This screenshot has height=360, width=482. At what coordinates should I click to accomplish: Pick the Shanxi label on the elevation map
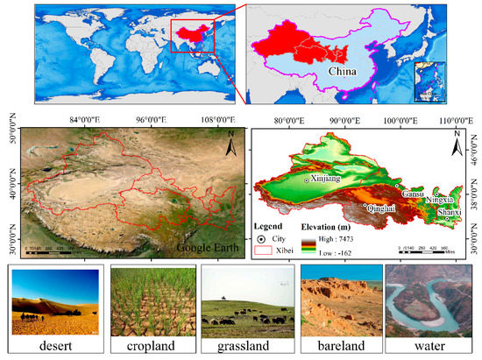[449, 212]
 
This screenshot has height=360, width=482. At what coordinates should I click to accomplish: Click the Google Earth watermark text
[205, 247]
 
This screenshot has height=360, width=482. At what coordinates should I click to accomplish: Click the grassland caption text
[243, 347]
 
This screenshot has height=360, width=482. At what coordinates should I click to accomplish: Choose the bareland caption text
[337, 347]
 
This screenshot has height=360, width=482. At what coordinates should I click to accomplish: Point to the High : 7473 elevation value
[344, 236]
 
